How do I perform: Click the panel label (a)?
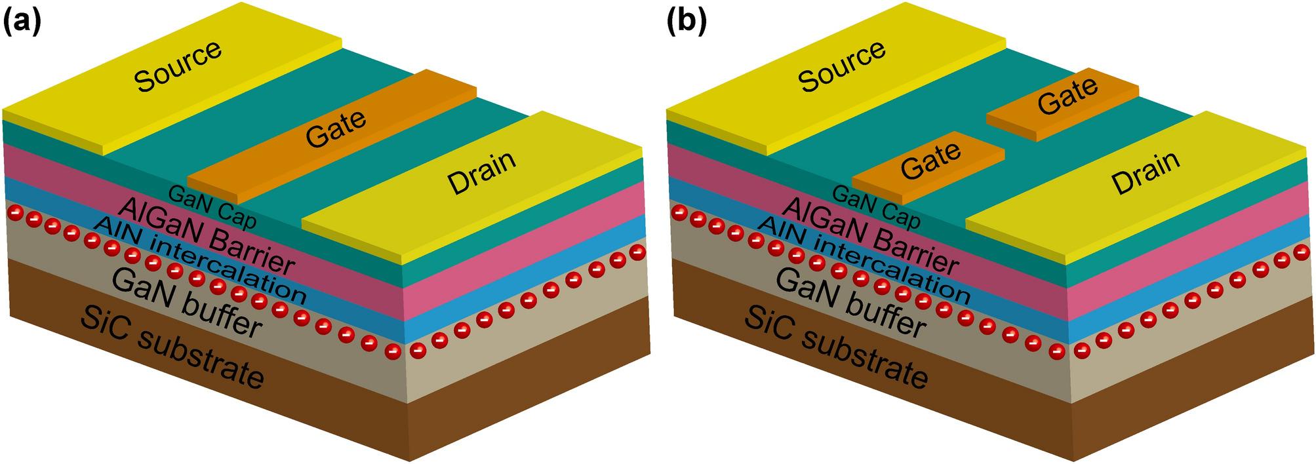click(x=22, y=22)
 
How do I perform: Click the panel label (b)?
click(x=687, y=22)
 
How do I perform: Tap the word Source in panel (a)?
click(x=178, y=66)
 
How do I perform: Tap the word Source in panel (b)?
click(x=842, y=66)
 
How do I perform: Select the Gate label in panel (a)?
click(x=336, y=128)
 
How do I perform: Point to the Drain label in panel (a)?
click(x=481, y=173)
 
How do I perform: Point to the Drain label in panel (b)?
click(x=1146, y=173)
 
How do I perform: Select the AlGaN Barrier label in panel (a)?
click(x=205, y=236)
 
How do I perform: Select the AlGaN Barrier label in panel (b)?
click(x=869, y=236)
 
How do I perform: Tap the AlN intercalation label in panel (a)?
click(x=200, y=259)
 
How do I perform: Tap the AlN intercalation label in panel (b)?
click(x=864, y=259)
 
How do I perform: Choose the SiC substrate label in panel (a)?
click(x=172, y=347)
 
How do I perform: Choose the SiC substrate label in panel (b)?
click(x=837, y=347)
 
